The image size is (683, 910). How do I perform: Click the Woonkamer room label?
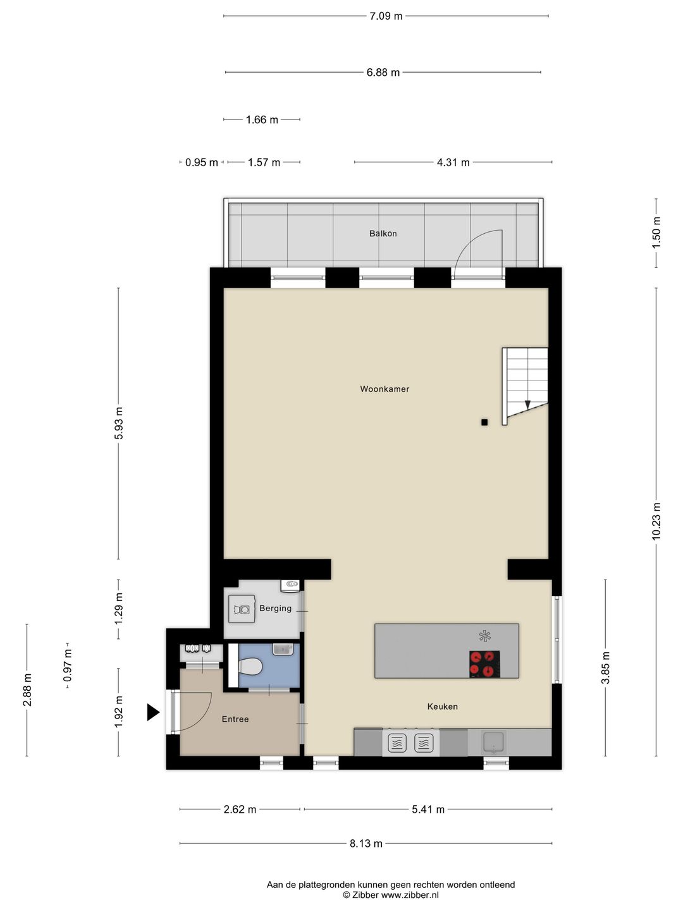(x=385, y=389)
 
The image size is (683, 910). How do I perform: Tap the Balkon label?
(x=383, y=234)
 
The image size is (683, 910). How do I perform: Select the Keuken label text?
(x=442, y=707)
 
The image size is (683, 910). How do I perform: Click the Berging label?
(x=275, y=609)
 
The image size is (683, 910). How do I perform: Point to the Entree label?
(x=235, y=719)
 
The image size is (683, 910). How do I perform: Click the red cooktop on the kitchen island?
(x=484, y=664)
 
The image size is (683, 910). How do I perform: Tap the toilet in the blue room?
(x=251, y=666)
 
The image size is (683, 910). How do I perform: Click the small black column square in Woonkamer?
(x=484, y=422)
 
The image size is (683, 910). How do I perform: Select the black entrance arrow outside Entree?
(x=153, y=712)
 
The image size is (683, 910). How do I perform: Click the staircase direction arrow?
(x=527, y=405)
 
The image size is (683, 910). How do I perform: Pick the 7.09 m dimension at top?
(x=386, y=16)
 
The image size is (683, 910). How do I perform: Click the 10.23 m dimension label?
(x=656, y=521)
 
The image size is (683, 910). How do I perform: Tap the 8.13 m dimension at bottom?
(x=366, y=843)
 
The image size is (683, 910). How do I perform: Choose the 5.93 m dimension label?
(x=119, y=423)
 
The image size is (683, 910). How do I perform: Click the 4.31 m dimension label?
(x=453, y=162)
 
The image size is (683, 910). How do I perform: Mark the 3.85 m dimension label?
(x=605, y=668)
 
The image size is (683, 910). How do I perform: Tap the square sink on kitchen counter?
(x=494, y=742)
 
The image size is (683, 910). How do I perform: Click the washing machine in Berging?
(x=242, y=610)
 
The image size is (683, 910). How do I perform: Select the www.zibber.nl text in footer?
(x=410, y=895)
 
